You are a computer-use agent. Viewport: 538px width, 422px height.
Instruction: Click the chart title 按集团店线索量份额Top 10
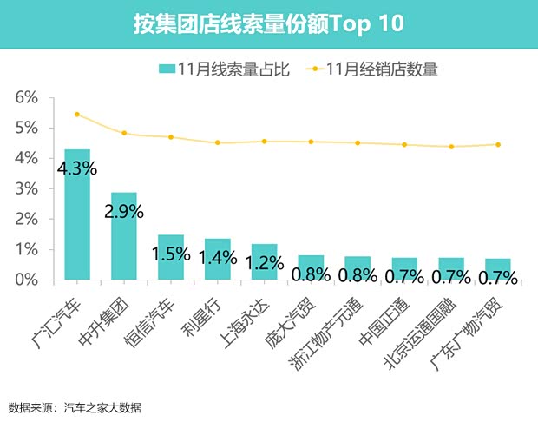click(269, 23)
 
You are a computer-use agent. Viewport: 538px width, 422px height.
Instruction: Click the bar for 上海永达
click(264, 261)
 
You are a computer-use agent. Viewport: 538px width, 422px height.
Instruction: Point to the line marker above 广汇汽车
click(77, 115)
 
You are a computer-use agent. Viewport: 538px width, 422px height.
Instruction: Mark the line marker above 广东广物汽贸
click(498, 145)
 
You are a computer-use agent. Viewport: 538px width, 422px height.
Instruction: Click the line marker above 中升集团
click(124, 133)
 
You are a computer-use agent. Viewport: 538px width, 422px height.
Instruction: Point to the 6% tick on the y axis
click(28, 97)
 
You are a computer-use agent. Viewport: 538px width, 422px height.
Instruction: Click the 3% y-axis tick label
click(28, 188)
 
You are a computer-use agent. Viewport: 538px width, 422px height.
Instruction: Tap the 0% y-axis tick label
click(28, 280)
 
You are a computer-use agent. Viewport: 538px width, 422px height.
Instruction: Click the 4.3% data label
click(76, 168)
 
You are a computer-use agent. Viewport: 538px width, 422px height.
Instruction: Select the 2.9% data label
click(123, 211)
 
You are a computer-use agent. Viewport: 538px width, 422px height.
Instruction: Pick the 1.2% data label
click(263, 260)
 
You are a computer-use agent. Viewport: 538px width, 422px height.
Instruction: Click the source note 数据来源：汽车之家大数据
click(75, 407)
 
